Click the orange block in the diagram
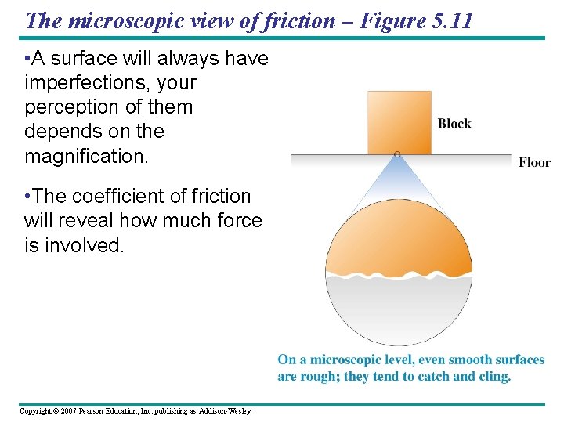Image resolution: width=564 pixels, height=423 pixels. [x=399, y=121]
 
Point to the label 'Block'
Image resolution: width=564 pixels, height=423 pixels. [x=454, y=124]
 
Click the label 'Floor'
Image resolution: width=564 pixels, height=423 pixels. [x=534, y=163]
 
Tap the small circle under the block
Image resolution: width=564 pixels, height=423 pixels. [x=397, y=154]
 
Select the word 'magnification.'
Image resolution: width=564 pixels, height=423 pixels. [x=86, y=156]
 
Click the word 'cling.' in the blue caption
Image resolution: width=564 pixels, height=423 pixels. [x=492, y=377]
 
